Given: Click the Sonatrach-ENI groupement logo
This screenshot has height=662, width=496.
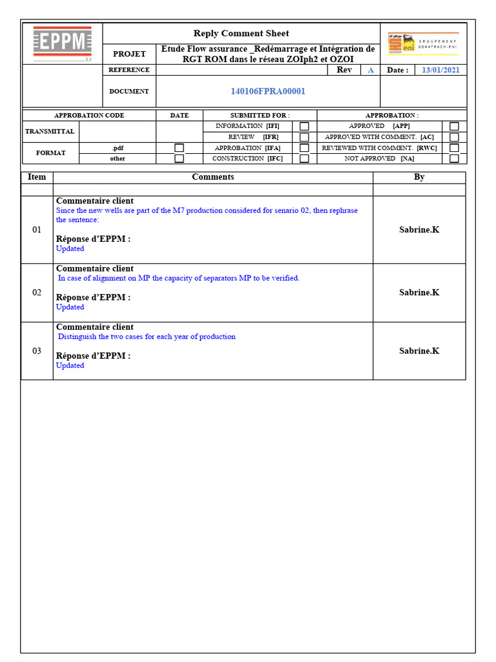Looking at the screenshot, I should point(423,43).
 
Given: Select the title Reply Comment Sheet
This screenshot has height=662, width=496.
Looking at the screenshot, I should point(241,34).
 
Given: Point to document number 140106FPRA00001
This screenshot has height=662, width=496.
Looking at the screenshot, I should point(268,91).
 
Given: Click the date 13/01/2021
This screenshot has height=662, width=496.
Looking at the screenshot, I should point(440,70).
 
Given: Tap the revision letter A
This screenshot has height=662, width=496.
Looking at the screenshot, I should point(371,70).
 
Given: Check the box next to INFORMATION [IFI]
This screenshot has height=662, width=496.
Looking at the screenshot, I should point(304,127).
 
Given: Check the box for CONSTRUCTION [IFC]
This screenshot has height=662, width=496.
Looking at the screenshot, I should point(304,158).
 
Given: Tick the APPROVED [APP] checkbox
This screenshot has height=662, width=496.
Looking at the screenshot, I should point(455,127).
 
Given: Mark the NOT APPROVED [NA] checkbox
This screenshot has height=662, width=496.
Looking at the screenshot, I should point(455,158).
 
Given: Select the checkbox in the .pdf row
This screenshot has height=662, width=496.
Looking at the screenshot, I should point(180,148).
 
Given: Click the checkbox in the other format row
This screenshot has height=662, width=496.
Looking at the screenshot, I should point(180,158).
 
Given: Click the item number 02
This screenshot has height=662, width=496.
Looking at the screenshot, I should point(37,292).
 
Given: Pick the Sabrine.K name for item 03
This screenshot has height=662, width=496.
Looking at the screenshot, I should point(419,351).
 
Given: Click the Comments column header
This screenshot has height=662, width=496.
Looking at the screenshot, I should point(213,177).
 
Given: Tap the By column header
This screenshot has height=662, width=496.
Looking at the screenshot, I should point(419,177).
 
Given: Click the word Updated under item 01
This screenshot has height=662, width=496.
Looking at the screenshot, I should point(70,249).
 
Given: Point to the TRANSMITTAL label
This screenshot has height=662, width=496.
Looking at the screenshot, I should point(50,131).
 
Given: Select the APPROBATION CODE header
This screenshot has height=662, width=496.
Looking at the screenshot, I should point(89,116).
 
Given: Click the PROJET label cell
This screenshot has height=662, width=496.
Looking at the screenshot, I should point(129,54).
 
